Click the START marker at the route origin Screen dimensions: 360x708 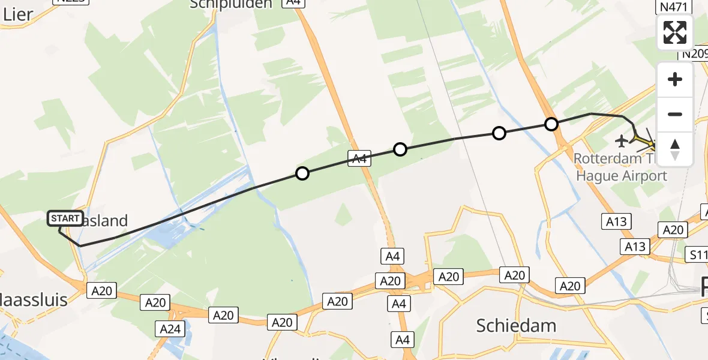(x=65, y=218)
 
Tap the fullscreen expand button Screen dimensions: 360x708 (x=675, y=32)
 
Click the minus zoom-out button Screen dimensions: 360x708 (x=675, y=114)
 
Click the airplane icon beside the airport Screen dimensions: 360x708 (x=622, y=141)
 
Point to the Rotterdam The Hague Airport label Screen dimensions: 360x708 (x=621, y=167)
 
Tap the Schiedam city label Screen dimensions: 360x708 (x=516, y=325)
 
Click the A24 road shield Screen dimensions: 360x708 (x=169, y=328)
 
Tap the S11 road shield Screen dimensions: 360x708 (x=698, y=255)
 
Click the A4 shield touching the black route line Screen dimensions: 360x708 (x=359, y=158)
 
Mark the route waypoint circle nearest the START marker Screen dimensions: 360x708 (x=302, y=173)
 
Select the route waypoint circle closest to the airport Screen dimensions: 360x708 (x=551, y=124)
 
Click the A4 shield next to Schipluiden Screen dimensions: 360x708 (x=293, y=3)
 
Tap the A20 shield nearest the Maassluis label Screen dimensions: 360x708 (x=101, y=290)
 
